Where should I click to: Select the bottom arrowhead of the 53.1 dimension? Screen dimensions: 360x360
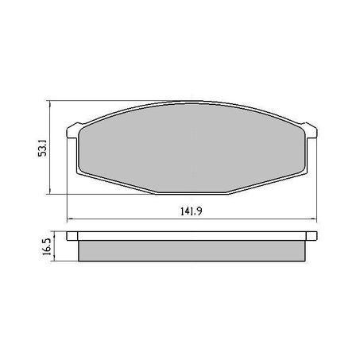52,192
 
